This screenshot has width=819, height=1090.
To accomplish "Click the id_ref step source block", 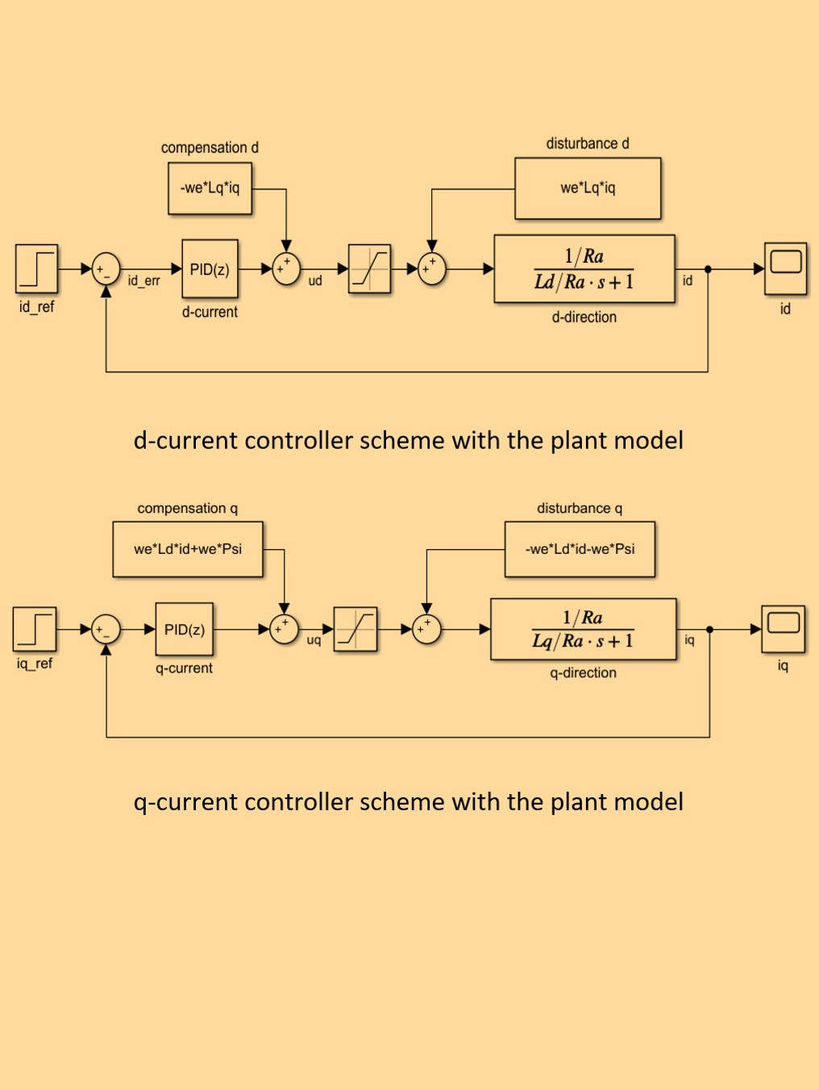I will [36, 268].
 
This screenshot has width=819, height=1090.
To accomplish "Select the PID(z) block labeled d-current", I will [210, 269].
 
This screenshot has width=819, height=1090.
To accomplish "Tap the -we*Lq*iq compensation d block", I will [210, 189].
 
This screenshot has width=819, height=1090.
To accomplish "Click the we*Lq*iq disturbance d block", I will [588, 189].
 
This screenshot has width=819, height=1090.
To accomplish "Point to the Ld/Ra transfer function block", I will [584, 269].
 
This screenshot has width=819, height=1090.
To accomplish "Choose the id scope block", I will [785, 268].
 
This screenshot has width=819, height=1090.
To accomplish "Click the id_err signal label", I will [143, 281].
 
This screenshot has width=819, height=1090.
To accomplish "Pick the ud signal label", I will [315, 281].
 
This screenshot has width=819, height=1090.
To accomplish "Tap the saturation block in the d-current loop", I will [369, 269].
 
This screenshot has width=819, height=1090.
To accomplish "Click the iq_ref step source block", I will [35, 629].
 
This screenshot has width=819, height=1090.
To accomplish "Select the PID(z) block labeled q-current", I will [185, 630].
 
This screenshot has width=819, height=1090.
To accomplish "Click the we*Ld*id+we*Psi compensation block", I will [188, 549].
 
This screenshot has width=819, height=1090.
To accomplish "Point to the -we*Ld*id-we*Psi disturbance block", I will [580, 549].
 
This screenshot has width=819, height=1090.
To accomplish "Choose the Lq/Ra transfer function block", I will [583, 630].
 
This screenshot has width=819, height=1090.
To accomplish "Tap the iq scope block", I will [783, 629].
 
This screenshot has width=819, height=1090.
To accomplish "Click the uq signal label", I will [314, 640].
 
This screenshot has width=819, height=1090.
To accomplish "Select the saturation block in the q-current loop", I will [355, 630].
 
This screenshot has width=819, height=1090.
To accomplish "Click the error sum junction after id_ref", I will [106, 269].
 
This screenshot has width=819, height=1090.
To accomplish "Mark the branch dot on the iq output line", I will [709, 630].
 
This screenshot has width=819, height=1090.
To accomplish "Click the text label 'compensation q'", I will [187, 509].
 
